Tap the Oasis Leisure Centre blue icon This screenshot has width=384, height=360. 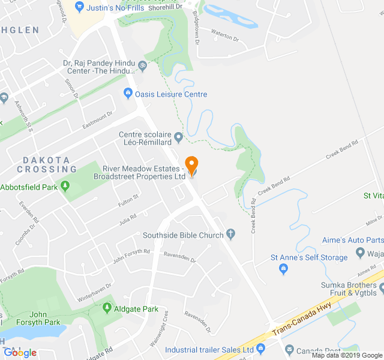[128, 94]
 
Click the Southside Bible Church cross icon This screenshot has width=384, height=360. [231, 235]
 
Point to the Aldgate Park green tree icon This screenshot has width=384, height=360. [107, 309]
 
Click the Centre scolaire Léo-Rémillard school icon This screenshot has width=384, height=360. [178, 139]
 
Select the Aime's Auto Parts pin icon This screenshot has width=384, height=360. [361, 252]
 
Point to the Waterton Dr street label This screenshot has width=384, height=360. [225, 37]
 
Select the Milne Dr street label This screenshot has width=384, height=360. [373, 221]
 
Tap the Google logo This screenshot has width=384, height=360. [20, 353]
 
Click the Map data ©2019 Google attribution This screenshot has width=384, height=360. [347, 355]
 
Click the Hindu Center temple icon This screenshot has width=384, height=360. [142, 65]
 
